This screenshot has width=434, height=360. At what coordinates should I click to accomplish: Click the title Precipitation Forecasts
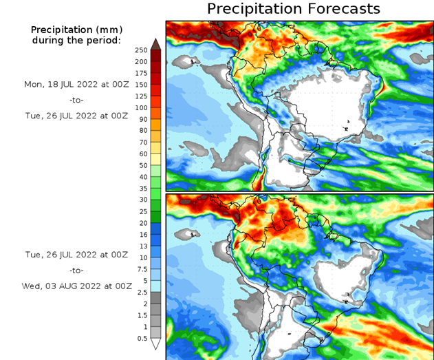[x=294, y=9]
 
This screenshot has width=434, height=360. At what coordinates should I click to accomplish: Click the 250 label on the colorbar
[x=140, y=50]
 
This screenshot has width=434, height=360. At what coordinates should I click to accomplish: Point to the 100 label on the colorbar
[x=140, y=107]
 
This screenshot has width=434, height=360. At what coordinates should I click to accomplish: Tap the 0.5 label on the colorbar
[x=142, y=338]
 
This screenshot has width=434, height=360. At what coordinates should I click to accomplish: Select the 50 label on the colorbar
[x=143, y=165]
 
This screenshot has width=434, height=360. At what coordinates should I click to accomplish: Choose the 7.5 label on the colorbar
[x=142, y=268]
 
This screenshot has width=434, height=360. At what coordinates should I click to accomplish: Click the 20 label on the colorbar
[x=143, y=222]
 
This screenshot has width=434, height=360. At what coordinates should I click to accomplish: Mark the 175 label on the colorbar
[x=140, y=73]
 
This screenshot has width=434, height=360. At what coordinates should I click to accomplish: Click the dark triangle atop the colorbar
[x=155, y=44]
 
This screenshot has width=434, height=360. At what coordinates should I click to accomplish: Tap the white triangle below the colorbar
[x=155, y=343]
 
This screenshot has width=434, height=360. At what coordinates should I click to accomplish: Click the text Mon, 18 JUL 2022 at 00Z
[x=76, y=85]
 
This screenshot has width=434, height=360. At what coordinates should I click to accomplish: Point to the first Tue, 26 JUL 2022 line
[x=76, y=116]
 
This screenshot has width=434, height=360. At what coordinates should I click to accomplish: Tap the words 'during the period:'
[x=76, y=40]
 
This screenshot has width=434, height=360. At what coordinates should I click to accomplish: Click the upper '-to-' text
[x=76, y=100]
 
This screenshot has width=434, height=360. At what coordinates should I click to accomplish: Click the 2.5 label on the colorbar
[x=142, y=292]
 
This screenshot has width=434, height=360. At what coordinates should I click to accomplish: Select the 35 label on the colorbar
[x=143, y=188]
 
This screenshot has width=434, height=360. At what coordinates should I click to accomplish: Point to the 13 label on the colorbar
[x=143, y=246]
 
